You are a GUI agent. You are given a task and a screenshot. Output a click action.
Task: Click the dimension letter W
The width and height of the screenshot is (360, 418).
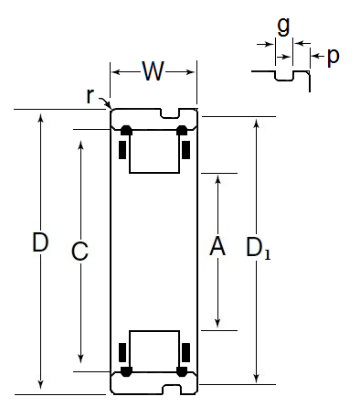154,71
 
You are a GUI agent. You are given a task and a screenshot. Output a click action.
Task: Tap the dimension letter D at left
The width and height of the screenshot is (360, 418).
40,242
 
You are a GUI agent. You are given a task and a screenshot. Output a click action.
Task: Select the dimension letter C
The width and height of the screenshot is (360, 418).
79,252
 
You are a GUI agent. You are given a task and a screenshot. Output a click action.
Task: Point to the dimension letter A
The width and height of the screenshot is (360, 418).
217,246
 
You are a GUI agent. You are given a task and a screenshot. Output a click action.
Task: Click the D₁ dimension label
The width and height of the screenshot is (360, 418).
258,248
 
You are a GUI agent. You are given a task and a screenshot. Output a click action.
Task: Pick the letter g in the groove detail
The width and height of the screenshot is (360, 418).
283,27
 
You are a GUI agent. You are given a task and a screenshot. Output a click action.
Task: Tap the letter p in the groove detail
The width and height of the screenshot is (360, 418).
334,57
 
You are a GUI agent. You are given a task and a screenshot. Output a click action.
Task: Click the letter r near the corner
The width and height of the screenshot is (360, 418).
90,96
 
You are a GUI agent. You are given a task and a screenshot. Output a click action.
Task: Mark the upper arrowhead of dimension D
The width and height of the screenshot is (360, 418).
40,117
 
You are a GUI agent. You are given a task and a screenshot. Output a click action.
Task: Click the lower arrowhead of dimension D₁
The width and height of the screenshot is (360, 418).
257,379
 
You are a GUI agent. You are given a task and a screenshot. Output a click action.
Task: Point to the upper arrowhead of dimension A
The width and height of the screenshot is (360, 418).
217,179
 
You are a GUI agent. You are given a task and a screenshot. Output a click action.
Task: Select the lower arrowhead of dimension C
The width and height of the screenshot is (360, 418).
80,359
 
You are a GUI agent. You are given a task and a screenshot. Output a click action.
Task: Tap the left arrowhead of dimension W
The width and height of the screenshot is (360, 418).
117,72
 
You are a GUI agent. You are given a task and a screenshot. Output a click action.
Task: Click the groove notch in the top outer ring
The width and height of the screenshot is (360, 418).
170,113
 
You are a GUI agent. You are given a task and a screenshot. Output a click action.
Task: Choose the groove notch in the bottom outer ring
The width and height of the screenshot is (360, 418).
172,390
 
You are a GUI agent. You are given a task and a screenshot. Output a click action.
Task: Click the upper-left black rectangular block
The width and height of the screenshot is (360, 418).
122,150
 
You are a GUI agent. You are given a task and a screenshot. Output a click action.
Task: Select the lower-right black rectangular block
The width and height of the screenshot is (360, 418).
186,352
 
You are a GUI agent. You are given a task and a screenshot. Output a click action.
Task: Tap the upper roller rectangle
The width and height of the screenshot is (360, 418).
154,152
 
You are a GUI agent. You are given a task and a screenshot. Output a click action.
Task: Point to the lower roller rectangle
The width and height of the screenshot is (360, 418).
154,351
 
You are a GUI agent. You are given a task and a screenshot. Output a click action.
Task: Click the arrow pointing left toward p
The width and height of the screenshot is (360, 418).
318,56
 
